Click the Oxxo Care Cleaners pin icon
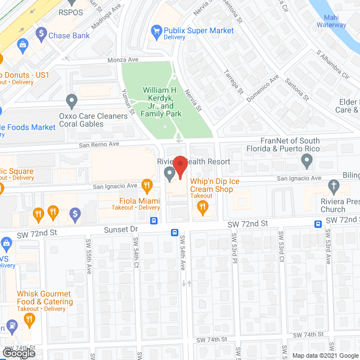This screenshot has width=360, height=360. (x=71, y=101)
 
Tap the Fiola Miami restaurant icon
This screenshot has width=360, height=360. (x=147, y=184)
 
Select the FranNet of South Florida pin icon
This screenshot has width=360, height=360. (x=307, y=162)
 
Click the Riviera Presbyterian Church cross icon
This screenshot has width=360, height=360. (x=334, y=186)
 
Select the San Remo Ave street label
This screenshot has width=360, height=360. (x=99, y=144)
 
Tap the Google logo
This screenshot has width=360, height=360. (x=18, y=353)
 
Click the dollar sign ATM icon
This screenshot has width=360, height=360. (x=75, y=213)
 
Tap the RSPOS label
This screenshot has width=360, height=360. (x=70, y=11)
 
